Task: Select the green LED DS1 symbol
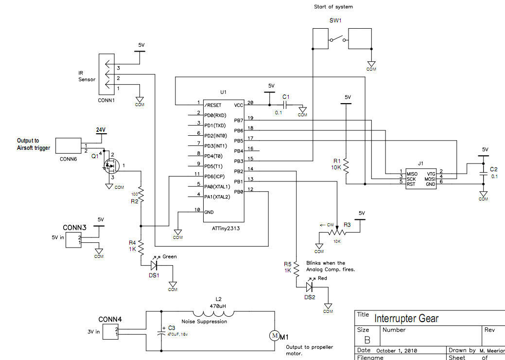(154, 265)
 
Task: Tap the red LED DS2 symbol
(310, 287)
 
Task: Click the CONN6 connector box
(69, 145)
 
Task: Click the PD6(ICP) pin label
(216, 176)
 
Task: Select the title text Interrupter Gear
(406, 319)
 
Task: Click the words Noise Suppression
(204, 322)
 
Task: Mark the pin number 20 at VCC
(250, 103)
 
